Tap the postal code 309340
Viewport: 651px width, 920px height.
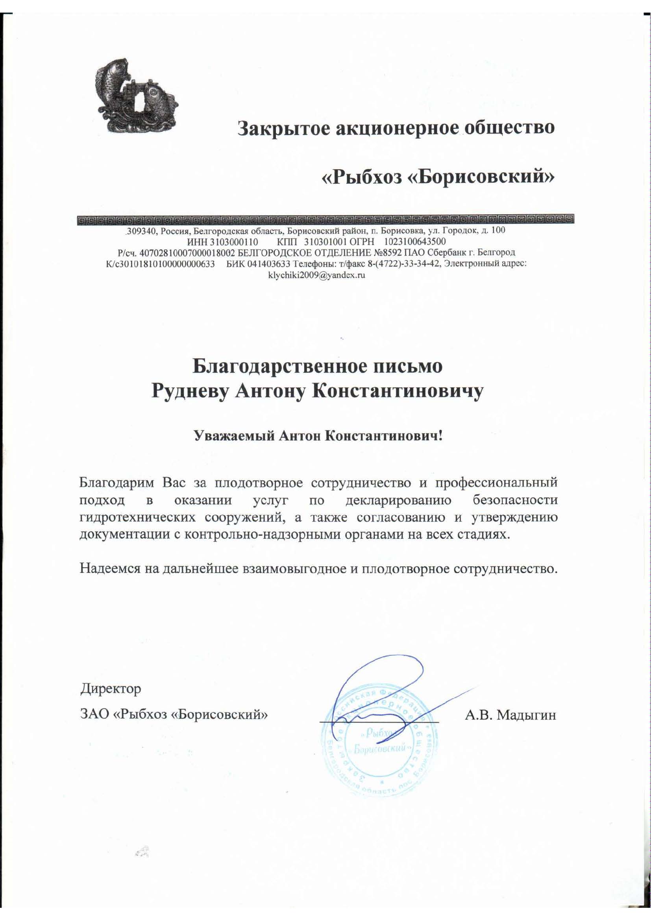139,231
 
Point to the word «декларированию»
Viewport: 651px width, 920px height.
398,500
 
